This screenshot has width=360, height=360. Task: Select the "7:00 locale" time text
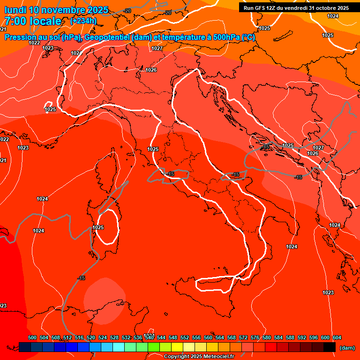pos(33,21)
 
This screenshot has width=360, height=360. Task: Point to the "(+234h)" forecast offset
pos(83,21)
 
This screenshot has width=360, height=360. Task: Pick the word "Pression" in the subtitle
pos(21,37)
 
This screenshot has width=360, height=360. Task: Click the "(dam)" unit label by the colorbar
pos(346,348)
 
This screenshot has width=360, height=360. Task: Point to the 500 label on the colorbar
pos(32,337)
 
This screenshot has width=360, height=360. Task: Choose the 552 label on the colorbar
pos(185,337)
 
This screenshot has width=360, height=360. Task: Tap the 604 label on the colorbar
pos(337,337)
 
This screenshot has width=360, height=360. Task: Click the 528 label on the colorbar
pos(114,337)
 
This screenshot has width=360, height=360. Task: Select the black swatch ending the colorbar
pos(330,347)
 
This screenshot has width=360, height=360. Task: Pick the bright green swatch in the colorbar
pos(153,347)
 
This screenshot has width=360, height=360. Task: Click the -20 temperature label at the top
pos(167,12)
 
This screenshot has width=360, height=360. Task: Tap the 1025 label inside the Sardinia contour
pos(98,227)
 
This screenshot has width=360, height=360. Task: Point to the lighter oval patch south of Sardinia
pos(105,300)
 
